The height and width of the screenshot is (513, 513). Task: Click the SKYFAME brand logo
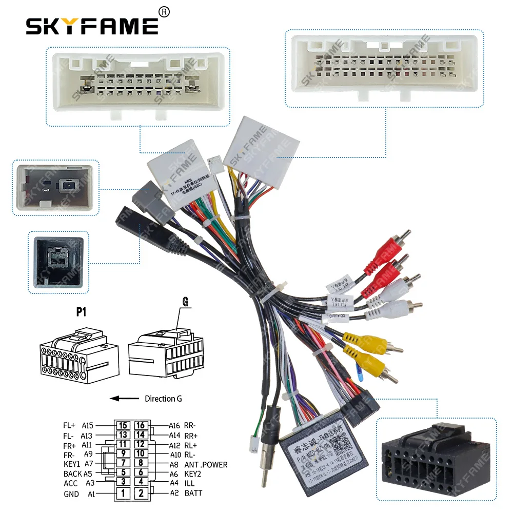[92, 25]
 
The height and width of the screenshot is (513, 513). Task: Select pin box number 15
[123, 425]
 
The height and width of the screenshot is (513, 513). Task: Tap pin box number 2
[141, 494]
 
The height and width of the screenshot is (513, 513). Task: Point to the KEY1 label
[72, 465]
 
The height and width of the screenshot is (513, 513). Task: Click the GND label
[71, 494]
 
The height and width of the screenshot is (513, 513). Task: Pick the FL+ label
[69, 425]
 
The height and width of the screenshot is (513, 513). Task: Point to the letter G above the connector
[185, 302]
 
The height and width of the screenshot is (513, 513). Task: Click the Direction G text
[163, 399]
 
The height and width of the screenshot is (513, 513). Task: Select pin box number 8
[141, 465]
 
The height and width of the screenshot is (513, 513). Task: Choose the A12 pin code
[175, 445]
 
